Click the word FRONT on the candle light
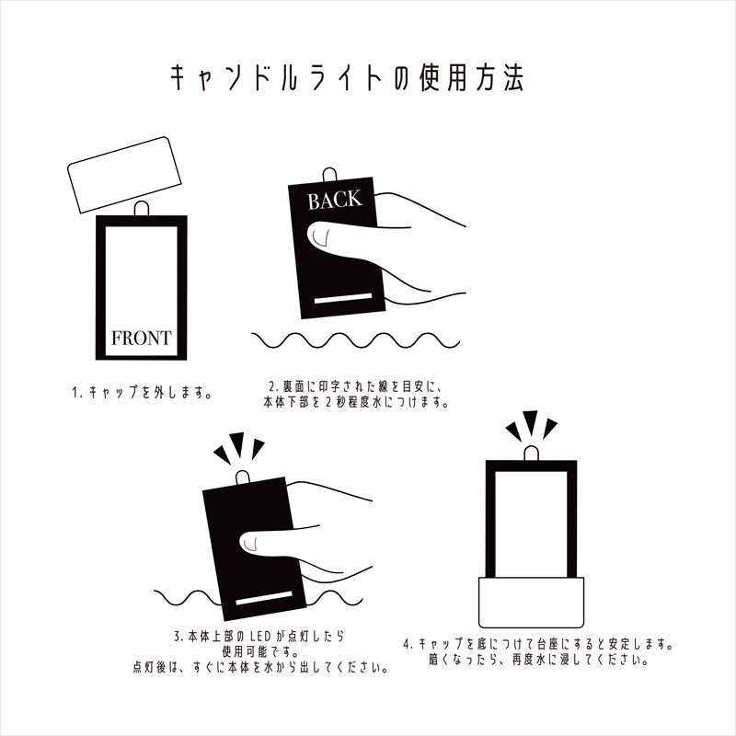141,338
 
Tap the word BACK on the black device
335,201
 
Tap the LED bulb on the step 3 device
244,478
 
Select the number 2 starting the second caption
272,386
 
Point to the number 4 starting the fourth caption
408,644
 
